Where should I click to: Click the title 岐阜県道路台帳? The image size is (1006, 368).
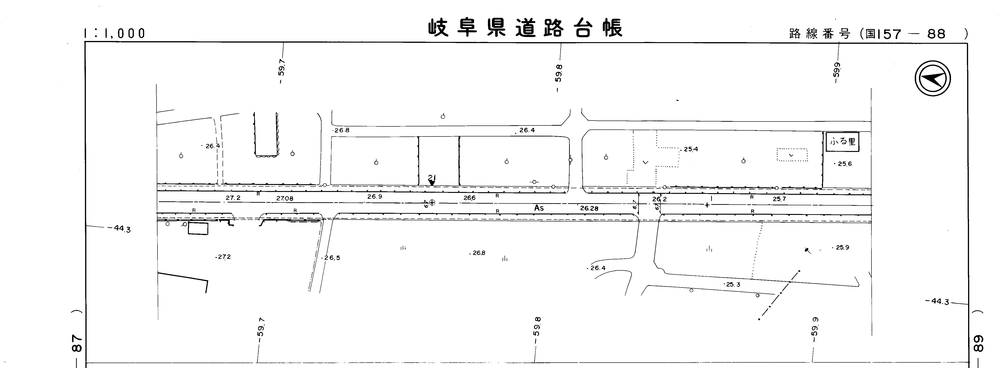(x=525, y=28)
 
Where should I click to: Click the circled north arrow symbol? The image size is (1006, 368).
(x=933, y=78)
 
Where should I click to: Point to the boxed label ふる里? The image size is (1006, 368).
(x=842, y=141)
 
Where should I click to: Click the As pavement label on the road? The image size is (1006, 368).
(x=539, y=208)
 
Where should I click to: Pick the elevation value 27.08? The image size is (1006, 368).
(x=285, y=199)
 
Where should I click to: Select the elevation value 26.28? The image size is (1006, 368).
(x=589, y=209)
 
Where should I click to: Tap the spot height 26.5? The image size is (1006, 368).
(x=332, y=258)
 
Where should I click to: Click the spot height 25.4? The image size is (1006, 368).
(x=691, y=149)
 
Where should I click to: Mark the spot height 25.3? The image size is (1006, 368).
(x=733, y=284)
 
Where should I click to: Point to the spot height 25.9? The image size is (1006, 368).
(x=842, y=247)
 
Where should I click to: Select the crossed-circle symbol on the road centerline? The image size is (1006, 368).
(x=432, y=202)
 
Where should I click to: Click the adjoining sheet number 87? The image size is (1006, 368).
(x=77, y=343)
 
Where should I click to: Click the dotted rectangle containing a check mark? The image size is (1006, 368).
(x=792, y=155)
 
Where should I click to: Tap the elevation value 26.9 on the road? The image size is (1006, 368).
(x=374, y=196)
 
